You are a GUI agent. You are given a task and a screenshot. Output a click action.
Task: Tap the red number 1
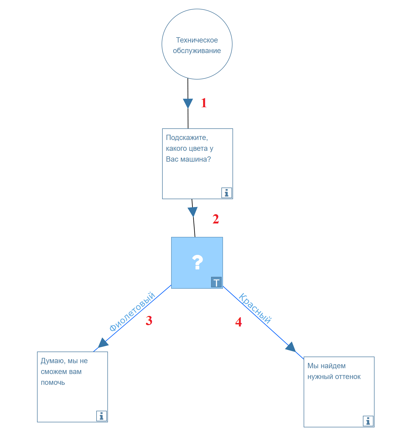[204, 103]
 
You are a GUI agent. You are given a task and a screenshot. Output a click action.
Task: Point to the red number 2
[216, 219]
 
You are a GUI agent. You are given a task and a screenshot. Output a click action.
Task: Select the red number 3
[149, 320]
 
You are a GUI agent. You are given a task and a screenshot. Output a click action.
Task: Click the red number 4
[238, 322]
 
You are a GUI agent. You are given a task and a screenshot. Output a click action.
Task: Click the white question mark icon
[197, 262]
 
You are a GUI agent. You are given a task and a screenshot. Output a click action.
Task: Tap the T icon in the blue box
[216, 282]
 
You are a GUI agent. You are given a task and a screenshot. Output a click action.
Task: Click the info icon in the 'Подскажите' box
[226, 193]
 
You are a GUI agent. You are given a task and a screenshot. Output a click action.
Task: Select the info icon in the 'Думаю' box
[101, 416]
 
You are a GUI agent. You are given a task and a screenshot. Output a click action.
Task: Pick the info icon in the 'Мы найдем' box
[368, 421]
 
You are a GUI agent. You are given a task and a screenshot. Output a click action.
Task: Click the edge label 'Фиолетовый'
[132, 312]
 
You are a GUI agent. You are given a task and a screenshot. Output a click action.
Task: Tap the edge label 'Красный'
[255, 308]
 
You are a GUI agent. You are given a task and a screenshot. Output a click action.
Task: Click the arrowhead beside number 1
[188, 103]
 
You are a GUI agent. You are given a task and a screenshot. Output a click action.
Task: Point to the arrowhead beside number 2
[193, 212]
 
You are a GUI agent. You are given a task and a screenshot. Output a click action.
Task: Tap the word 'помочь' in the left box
[53, 382]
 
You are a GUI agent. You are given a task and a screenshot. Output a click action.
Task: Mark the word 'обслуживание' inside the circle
[197, 51]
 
